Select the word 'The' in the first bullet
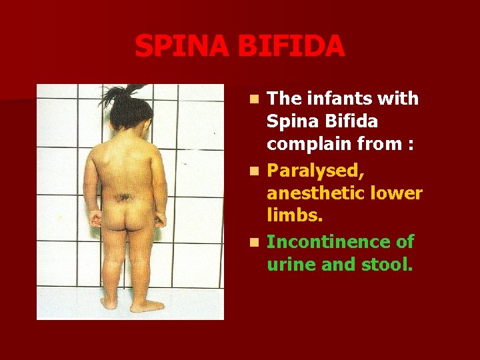[x=285, y=99]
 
